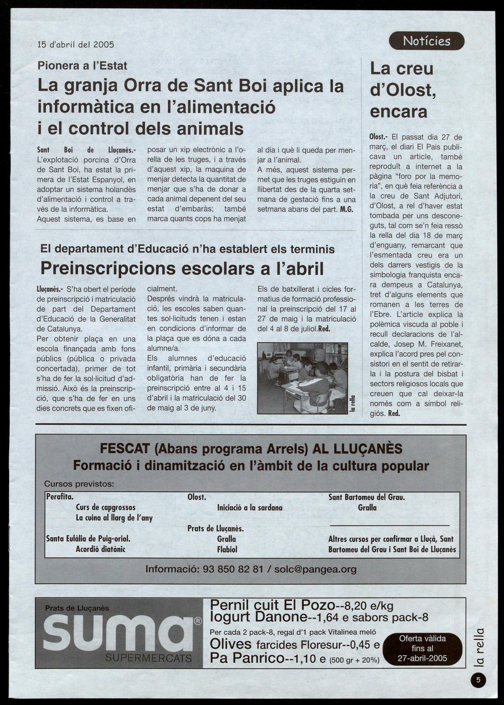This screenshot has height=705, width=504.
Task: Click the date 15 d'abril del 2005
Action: coord(76,44)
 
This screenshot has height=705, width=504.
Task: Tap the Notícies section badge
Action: coord(426,41)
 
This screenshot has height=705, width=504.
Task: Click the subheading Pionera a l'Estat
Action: coord(82,65)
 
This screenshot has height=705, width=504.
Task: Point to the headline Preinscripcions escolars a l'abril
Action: coord(182,269)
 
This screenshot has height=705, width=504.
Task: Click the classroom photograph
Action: coord(302,378)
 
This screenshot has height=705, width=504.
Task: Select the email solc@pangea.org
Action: coord(315,569)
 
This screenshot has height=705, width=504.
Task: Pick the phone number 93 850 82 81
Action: coord(233,569)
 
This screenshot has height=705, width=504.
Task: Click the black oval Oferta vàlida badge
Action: coord(422,649)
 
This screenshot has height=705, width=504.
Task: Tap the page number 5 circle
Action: coord(478,680)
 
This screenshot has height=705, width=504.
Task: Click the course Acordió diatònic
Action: coord(100,549)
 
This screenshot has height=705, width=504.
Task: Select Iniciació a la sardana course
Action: coord(249,508)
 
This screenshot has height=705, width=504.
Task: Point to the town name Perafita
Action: coord(60,497)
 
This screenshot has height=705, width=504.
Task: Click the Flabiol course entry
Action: coord(227,549)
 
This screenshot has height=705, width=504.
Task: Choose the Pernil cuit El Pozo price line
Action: coord(301,605)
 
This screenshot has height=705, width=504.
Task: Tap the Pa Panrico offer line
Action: coord(294,658)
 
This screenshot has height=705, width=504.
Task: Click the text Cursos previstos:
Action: coord(79,484)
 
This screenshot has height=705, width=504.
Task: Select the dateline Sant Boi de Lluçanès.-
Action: coord(86,150)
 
